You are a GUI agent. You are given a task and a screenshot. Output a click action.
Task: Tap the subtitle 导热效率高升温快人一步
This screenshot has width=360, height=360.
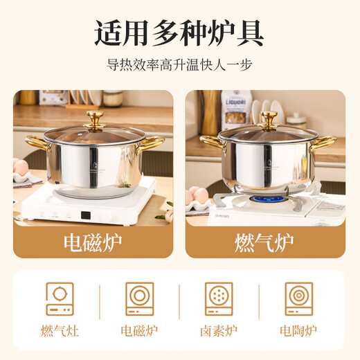coord(179,66)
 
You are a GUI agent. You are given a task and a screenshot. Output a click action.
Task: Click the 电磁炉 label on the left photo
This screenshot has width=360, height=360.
coord(93,242)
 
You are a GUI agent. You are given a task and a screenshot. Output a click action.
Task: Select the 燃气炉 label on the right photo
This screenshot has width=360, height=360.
coord(265,242)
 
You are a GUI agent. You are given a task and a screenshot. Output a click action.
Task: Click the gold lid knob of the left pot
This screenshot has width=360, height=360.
coord(95,118)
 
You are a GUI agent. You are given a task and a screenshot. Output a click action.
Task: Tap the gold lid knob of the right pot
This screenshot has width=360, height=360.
coord(267,118)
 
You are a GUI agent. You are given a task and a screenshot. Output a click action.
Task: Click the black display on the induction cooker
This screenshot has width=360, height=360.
coord(87,215)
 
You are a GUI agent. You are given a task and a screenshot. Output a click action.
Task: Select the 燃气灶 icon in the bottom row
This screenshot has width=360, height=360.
coord(60,298)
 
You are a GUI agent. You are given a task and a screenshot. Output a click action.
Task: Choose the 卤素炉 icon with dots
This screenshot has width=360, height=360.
coord(219,298)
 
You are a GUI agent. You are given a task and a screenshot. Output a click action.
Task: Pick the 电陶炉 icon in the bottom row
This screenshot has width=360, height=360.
coord(299,298)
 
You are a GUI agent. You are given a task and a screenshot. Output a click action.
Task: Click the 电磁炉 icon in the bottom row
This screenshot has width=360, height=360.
coord(139,298)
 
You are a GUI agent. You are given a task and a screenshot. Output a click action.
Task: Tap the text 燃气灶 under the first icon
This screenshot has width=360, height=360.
coord(60,330)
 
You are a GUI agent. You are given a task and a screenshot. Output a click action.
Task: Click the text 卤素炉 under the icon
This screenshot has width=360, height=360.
coord(219,330)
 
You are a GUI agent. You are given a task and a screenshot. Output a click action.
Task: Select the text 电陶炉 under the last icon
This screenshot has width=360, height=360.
coord(299,330)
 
